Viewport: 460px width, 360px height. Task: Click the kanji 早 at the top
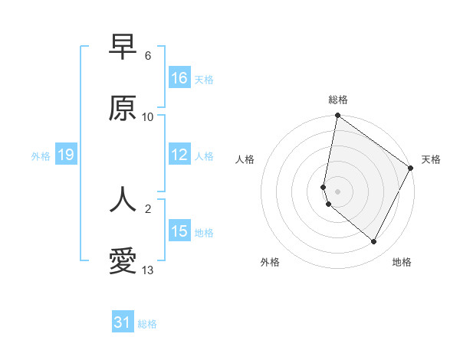pos(123,47)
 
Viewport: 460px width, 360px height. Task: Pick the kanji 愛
pos(123,261)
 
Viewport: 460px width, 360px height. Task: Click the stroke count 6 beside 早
pos(148,56)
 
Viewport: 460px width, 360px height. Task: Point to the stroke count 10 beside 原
pos(148,117)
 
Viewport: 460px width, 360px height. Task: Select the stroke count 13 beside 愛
pos(148,270)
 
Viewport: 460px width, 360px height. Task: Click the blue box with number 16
pos(179,78)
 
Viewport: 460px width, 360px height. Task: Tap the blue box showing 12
pos(179,155)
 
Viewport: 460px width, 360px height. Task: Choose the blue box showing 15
pos(179,231)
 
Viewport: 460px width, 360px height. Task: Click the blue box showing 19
pos(66,155)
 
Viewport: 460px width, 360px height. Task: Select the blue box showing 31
pos(123,322)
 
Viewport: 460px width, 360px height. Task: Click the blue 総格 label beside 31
pos(147,324)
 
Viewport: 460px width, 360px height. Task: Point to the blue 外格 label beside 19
pos(41,156)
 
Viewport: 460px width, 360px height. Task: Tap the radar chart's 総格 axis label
pos(338,100)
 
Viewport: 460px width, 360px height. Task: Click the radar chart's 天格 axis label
pos(431,159)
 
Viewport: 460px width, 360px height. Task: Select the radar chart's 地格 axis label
pos(402,262)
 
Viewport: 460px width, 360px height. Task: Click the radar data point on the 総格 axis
pos(337,116)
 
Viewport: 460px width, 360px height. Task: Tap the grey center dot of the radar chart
pos(337,191)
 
